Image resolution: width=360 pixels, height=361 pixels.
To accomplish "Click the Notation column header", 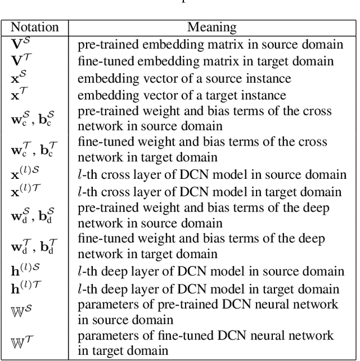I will pos(34,27).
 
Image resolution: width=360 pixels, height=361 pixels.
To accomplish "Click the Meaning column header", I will pos(211,27).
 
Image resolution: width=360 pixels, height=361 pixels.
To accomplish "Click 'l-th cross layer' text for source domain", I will pos(212,174).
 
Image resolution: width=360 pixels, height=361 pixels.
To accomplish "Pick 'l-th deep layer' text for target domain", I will pos(208,289).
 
